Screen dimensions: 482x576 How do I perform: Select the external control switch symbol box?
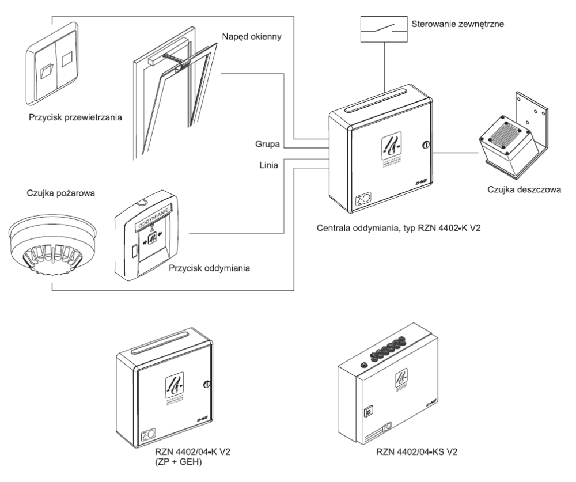[x=383, y=28]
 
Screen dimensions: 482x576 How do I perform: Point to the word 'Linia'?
[x=269, y=166]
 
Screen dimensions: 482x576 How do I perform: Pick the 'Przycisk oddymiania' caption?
[x=205, y=268]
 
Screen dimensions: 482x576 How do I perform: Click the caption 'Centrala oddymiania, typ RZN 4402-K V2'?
[x=399, y=228]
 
